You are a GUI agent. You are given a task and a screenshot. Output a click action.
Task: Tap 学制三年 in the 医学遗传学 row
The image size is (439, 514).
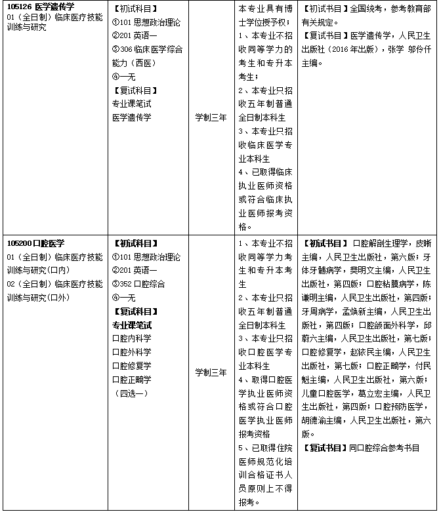pos(211,117)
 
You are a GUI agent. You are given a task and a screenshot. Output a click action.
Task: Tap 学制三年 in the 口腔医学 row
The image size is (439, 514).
pos(211,372)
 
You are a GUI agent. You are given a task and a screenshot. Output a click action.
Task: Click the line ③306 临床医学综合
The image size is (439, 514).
pos(147,49)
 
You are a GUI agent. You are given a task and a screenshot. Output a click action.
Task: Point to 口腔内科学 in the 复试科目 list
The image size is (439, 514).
pos(131,338)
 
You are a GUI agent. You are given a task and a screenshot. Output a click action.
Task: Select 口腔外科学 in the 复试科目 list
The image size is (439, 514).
pos(131,352)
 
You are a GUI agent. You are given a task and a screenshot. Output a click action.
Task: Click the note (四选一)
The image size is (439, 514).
pos(131,393)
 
